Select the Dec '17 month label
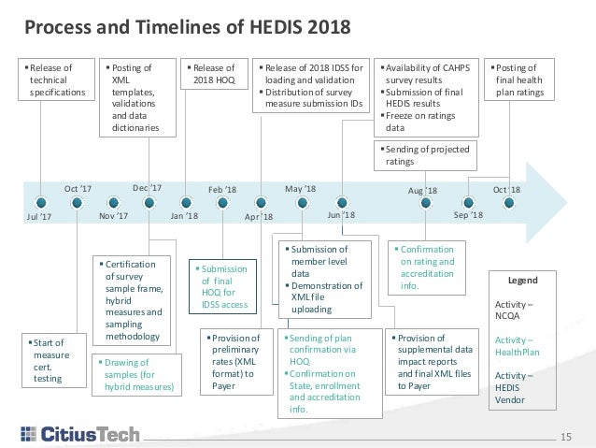click(148, 187)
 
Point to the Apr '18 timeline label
click(259, 216)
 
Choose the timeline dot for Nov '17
click(112, 201)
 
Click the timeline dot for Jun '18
click(342, 201)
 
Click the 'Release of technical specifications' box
click(56, 80)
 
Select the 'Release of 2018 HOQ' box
click(215, 73)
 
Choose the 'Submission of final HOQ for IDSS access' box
click(223, 284)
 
